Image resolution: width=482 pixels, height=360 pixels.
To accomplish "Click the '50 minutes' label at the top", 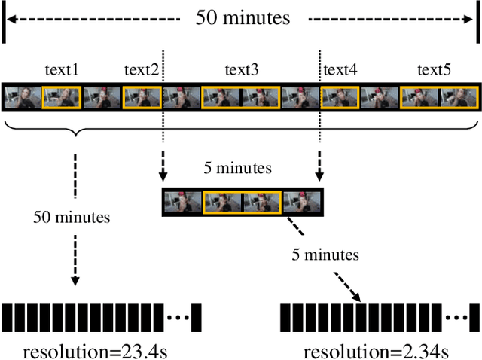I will point(242,17).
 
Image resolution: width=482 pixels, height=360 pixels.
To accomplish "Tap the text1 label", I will point(62,71).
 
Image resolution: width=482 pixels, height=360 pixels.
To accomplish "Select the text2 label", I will point(142,71).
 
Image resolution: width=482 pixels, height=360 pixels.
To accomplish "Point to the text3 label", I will point(242,71).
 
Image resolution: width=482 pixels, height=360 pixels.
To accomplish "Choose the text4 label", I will point(340,71).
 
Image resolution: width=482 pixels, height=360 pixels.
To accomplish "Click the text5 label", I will point(435,71).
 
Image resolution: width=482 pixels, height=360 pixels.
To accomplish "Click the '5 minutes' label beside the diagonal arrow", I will point(325,255).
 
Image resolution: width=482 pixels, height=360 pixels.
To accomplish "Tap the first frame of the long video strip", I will point(22,99).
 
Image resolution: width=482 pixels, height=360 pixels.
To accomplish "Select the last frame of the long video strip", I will point(459,99).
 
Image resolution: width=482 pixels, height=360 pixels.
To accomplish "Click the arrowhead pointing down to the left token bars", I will point(75,282).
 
